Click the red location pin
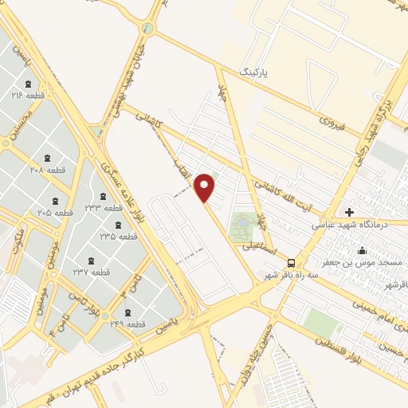click(x=206, y=187)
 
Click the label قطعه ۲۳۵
click(x=118, y=236)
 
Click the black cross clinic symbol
click(x=349, y=212)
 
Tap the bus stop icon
click(x=292, y=262)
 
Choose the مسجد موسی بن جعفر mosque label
click(x=363, y=261)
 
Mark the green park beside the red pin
click(x=242, y=228)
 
